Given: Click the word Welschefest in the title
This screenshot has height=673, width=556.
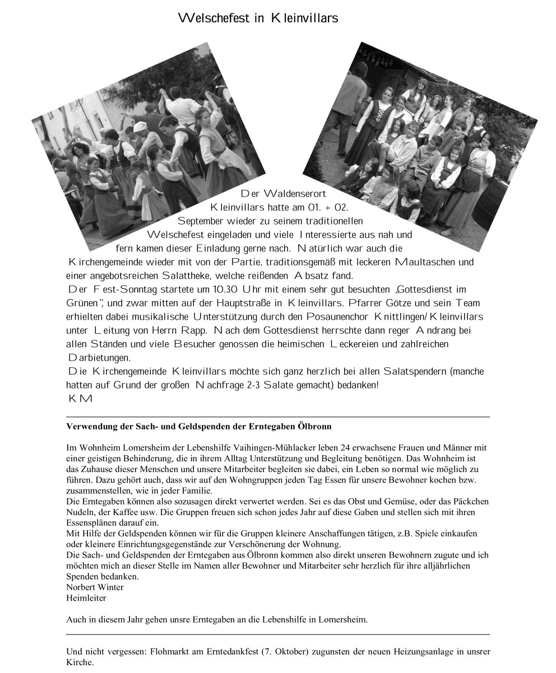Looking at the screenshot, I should (x=215, y=18).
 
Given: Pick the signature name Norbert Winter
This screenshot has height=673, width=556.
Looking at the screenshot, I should (x=95, y=587).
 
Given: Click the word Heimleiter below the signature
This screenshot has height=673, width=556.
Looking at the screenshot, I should (x=86, y=597).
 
